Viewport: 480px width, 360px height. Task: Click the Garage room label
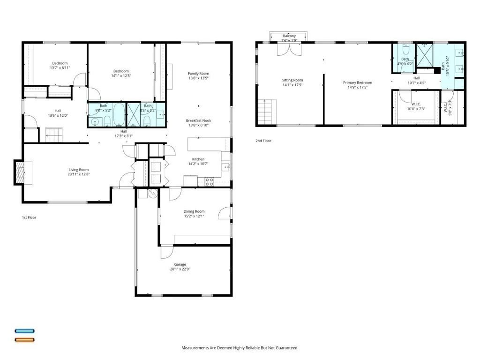click(180, 264)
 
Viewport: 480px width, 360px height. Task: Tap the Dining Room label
click(194, 211)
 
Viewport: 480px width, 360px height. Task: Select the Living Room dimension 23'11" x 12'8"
click(79, 174)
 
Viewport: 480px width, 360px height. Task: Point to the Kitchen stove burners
click(210, 182)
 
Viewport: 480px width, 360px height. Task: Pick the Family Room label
click(198, 74)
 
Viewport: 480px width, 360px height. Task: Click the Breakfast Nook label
click(198, 120)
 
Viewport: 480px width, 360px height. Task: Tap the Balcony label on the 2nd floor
click(289, 36)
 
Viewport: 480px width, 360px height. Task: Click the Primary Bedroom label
click(358, 82)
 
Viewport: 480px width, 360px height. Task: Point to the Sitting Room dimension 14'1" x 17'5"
click(292, 85)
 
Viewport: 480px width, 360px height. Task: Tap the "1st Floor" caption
click(29, 217)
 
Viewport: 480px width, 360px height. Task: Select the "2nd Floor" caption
click(263, 141)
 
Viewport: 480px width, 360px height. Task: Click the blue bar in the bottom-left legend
click(25, 331)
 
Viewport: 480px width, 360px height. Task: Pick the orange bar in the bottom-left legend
click(25, 339)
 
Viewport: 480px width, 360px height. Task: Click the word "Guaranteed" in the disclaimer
click(288, 348)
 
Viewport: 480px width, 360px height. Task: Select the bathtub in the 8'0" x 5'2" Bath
click(119, 114)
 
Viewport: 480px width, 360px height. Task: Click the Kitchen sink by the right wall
click(225, 167)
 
